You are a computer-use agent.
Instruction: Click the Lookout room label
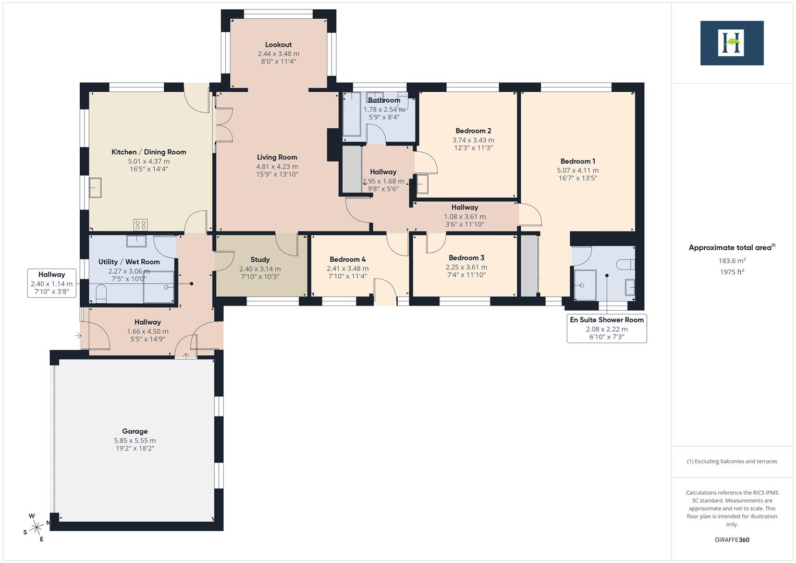278,45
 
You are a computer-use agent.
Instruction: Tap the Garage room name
134,431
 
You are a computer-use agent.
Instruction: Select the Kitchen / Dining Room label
149,152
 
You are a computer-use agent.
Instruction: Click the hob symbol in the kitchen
140,225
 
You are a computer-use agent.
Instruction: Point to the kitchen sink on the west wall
95,188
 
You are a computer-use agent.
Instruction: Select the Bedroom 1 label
578,162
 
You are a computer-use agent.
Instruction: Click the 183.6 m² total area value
732,261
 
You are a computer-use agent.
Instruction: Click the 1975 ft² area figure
732,272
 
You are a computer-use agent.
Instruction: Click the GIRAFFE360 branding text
732,540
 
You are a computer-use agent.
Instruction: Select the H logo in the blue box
731,43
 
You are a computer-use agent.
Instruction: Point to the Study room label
260,260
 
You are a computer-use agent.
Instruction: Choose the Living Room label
277,157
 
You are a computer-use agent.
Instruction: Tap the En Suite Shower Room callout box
606,328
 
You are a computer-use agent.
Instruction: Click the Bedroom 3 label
466,258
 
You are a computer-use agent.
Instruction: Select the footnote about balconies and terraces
732,461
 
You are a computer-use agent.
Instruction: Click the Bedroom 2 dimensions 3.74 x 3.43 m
473,140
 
